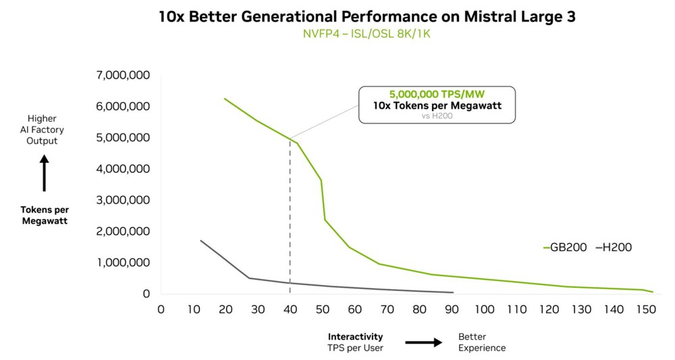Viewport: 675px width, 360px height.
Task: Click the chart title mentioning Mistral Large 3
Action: (367, 17)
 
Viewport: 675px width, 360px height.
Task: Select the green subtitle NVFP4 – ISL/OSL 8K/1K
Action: (367, 34)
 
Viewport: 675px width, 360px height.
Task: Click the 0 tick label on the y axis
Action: (146, 294)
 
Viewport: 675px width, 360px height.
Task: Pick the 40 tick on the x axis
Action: (290, 309)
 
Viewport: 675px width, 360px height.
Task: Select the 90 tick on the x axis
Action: (452, 309)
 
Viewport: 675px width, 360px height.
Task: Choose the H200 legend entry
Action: (614, 248)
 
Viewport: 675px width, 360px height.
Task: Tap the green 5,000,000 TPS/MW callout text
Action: (437, 95)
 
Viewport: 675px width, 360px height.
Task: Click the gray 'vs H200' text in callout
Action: (437, 116)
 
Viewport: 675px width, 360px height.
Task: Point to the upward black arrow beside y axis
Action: (45, 173)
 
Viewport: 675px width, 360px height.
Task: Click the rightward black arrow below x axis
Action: (424, 342)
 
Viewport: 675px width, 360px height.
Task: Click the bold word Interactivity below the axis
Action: (355, 336)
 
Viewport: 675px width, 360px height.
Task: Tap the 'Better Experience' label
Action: (481, 342)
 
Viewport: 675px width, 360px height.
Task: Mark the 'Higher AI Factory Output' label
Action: (42, 130)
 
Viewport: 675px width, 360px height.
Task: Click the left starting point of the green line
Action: (225, 99)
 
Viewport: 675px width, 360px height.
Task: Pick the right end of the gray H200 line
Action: (453, 292)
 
